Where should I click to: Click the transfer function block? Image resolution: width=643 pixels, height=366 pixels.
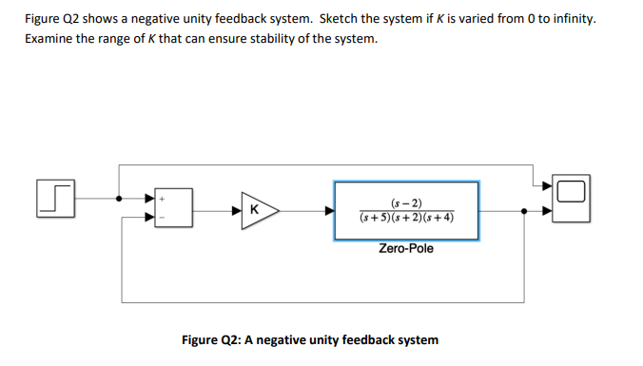pos(406,209)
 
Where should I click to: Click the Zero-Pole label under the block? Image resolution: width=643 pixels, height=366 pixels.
pos(406,249)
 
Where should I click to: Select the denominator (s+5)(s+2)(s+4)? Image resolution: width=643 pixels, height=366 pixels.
pos(406,217)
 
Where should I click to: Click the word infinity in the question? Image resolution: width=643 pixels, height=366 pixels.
pos(573,19)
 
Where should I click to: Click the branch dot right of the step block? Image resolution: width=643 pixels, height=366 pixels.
pos(119,200)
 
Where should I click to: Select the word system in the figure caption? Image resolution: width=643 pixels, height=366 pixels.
pos(417,339)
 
